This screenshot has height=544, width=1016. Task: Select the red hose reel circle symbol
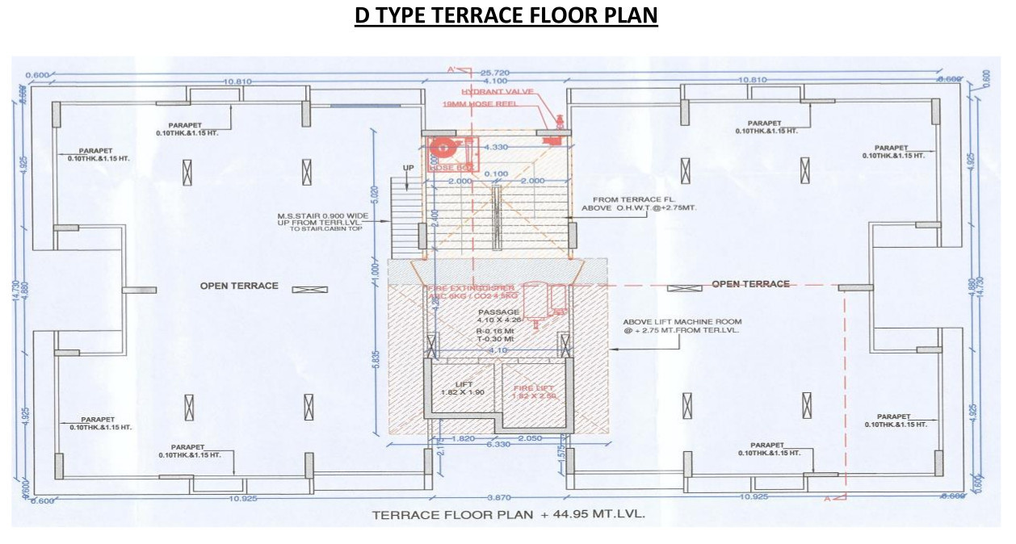pyautogui.click(x=442, y=149)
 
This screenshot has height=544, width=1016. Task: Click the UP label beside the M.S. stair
pyautogui.click(x=408, y=167)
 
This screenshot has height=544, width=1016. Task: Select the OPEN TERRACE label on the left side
pyautogui.click(x=239, y=286)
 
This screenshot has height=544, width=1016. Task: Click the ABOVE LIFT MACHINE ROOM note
pyautogui.click(x=688, y=326)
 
